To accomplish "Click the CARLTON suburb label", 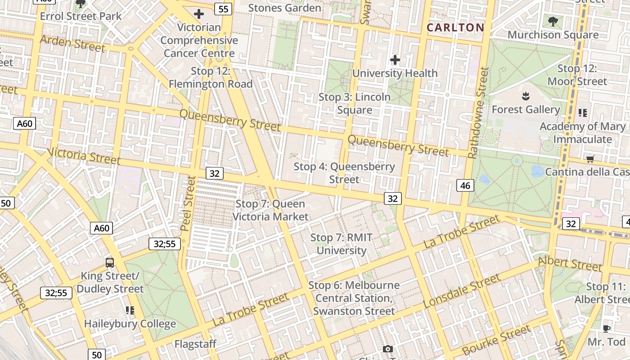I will [x=455, y=27].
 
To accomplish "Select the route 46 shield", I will [x=465, y=185].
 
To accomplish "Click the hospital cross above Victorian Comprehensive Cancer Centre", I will [x=198, y=14].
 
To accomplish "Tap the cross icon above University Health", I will [x=395, y=59].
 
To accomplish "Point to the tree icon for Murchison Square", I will [x=553, y=21].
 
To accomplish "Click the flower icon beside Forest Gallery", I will [x=525, y=96].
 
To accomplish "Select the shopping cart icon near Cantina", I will [x=590, y=158].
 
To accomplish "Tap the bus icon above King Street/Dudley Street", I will [x=109, y=262].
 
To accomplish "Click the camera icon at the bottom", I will [x=387, y=349].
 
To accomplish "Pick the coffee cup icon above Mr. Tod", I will [x=607, y=328].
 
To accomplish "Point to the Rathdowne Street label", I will [x=478, y=112].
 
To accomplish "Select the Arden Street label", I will [x=72, y=43].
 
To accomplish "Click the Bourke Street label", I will [x=496, y=341].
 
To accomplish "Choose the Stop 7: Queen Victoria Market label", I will [x=270, y=210].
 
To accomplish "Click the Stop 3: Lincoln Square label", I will [x=355, y=103].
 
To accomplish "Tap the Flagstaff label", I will [x=195, y=344].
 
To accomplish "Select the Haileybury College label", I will [x=130, y=324].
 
